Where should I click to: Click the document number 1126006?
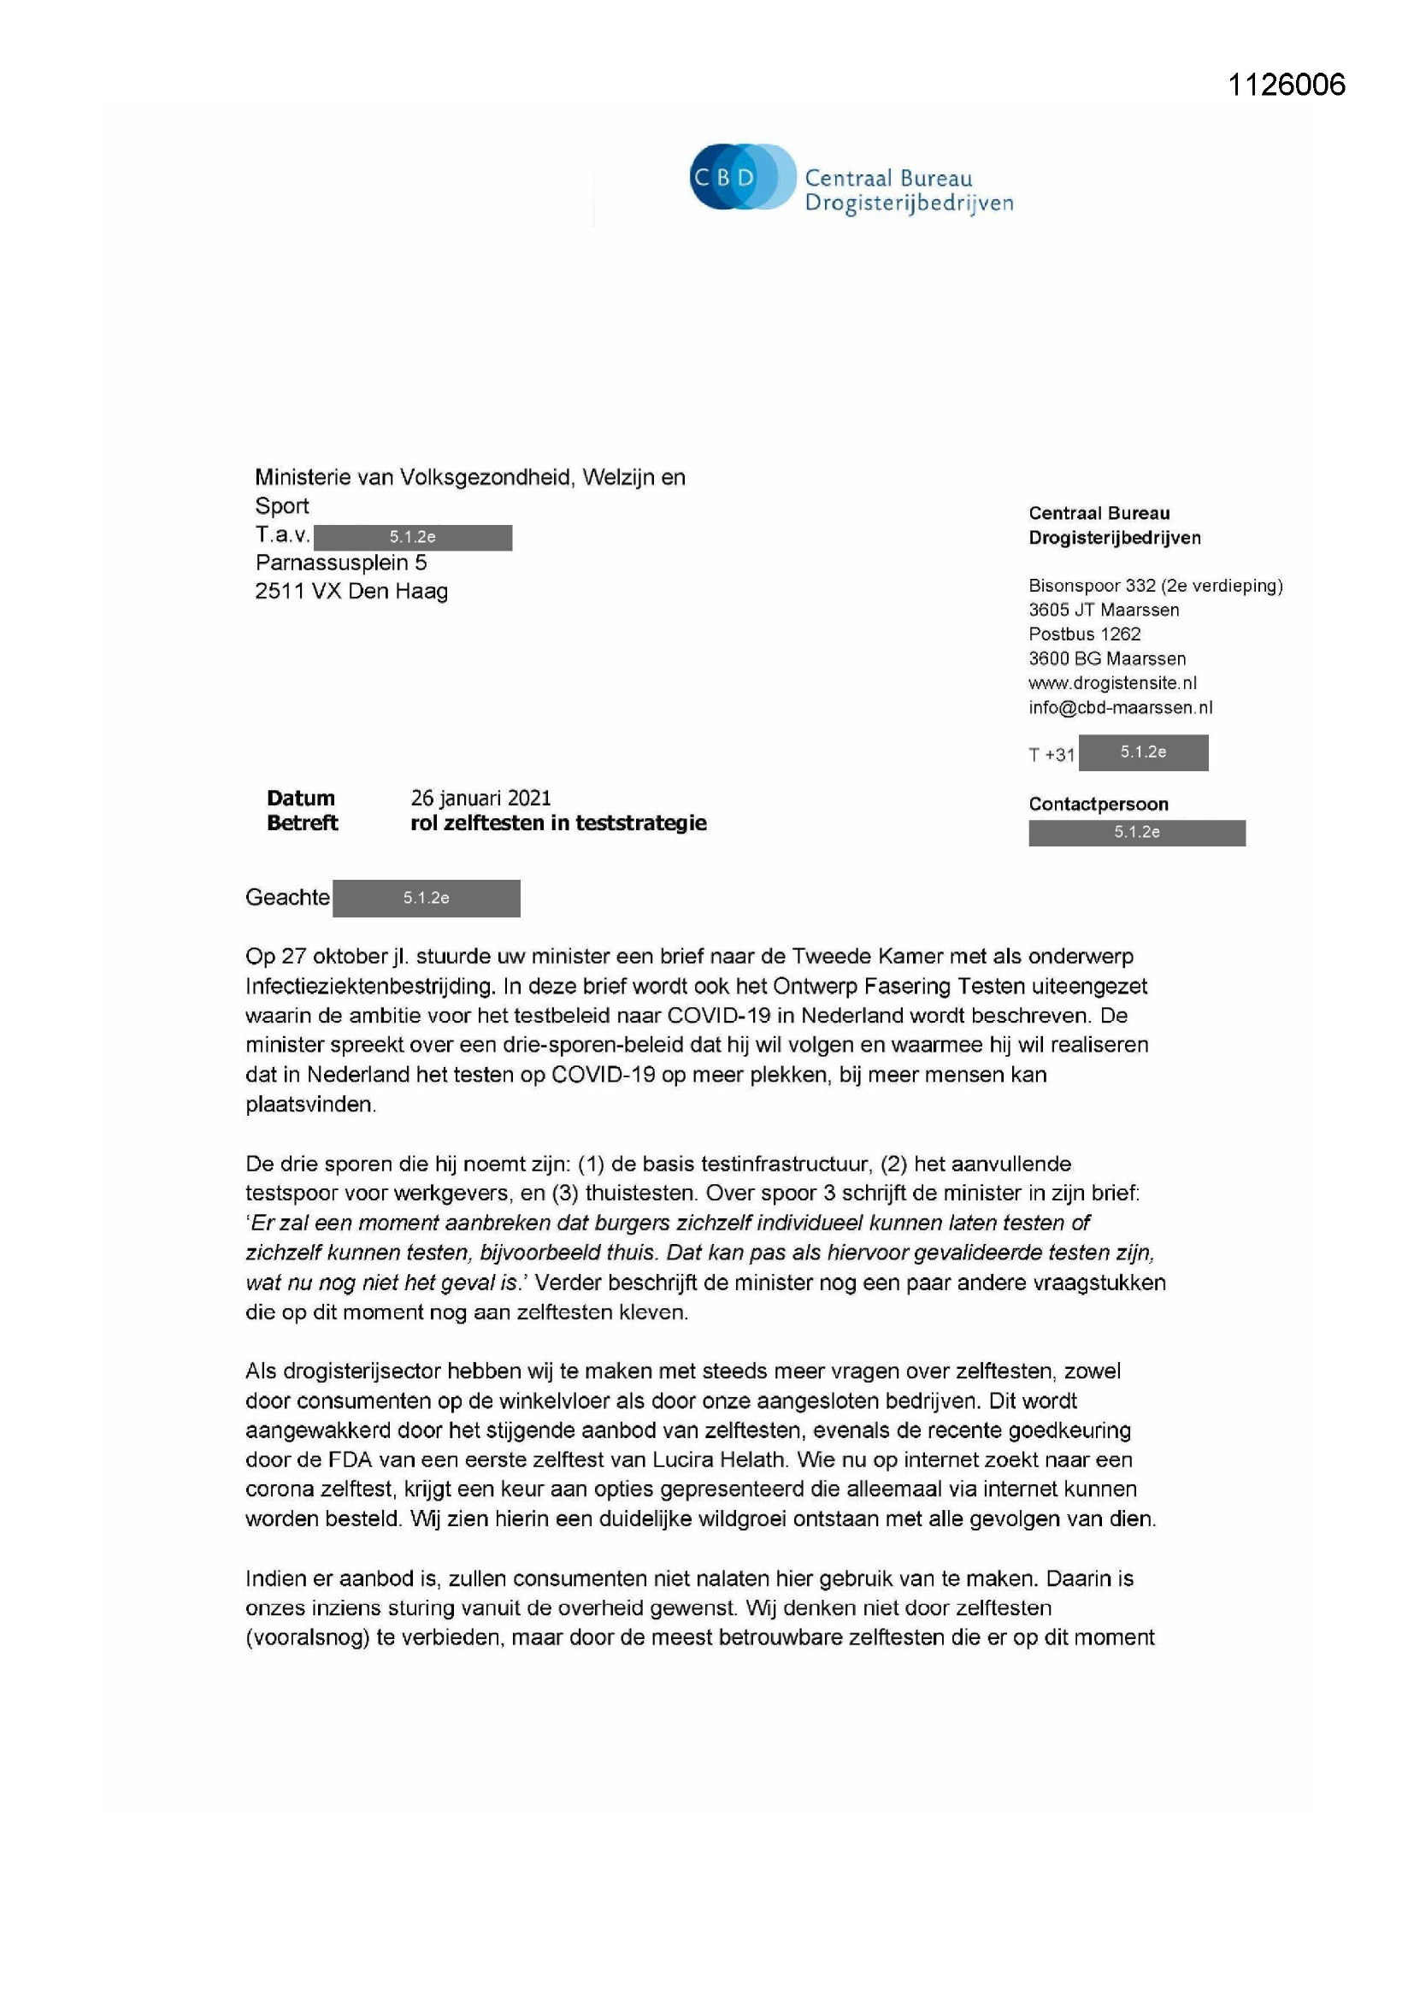(1286, 85)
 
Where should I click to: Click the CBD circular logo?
(742, 177)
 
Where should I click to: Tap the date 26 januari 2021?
(480, 798)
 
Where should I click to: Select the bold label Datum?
(300, 798)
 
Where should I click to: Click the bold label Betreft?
(302, 823)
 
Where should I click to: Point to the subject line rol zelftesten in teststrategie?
(558, 823)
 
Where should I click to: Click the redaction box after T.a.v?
(413, 537)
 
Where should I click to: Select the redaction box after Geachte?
(426, 898)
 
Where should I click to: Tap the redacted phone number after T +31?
(1142, 752)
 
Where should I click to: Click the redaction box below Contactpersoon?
(1136, 832)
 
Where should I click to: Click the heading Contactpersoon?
(1098, 804)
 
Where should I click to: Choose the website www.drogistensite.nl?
(1112, 682)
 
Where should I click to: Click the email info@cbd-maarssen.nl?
(1120, 707)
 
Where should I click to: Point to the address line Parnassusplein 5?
(340, 563)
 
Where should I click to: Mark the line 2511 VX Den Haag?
(351, 591)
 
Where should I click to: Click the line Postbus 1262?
(1084, 634)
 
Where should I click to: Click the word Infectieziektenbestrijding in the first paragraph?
(368, 986)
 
